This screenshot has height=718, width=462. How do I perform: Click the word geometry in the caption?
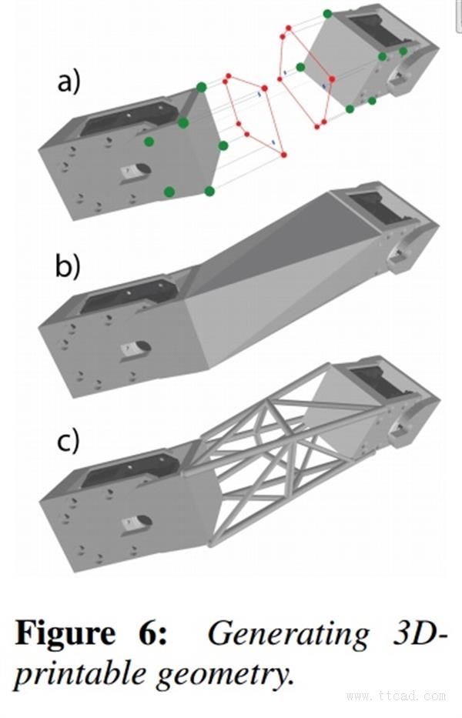point(223,675)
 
